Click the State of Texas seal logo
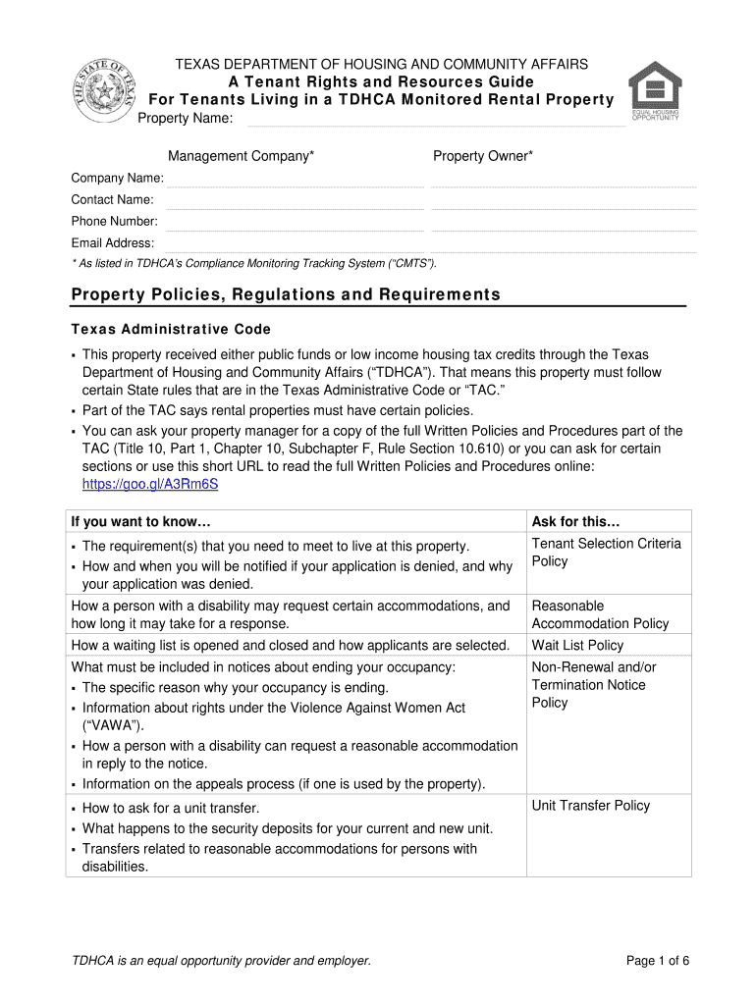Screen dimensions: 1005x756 click(102, 90)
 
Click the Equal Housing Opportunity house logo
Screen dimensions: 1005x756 click(655, 89)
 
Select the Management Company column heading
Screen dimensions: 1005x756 click(242, 156)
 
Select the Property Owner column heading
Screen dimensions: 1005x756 click(483, 156)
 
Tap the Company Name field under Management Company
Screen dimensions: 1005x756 click(296, 179)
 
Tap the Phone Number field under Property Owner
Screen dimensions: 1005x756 click(564, 222)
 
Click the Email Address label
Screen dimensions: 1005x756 click(112, 242)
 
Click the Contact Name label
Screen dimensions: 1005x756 click(112, 199)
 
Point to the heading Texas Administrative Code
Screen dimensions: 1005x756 click(171, 329)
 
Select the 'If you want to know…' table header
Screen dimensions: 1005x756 click(141, 521)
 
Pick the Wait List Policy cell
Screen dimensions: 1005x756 click(577, 645)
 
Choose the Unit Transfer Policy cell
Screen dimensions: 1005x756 click(590, 805)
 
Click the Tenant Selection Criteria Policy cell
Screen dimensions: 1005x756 click(606, 553)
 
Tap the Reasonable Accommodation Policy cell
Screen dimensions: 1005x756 click(600, 614)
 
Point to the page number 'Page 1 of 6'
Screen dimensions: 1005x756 click(658, 961)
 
